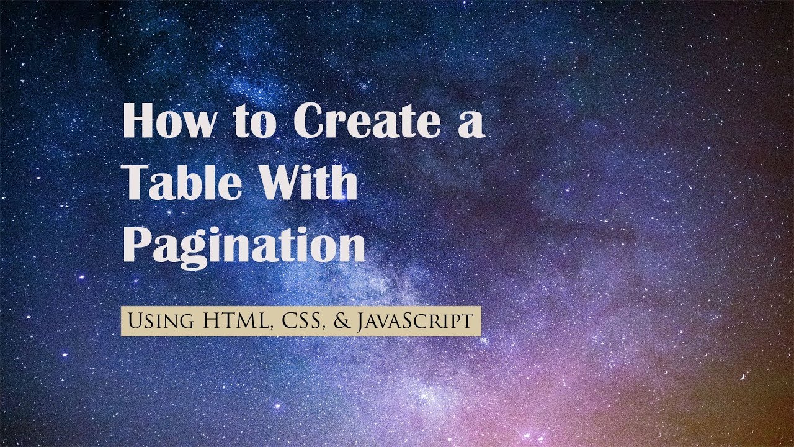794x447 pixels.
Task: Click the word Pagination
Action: tap(244, 245)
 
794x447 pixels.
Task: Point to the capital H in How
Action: tap(137, 121)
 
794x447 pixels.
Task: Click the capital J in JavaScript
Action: tap(360, 322)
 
